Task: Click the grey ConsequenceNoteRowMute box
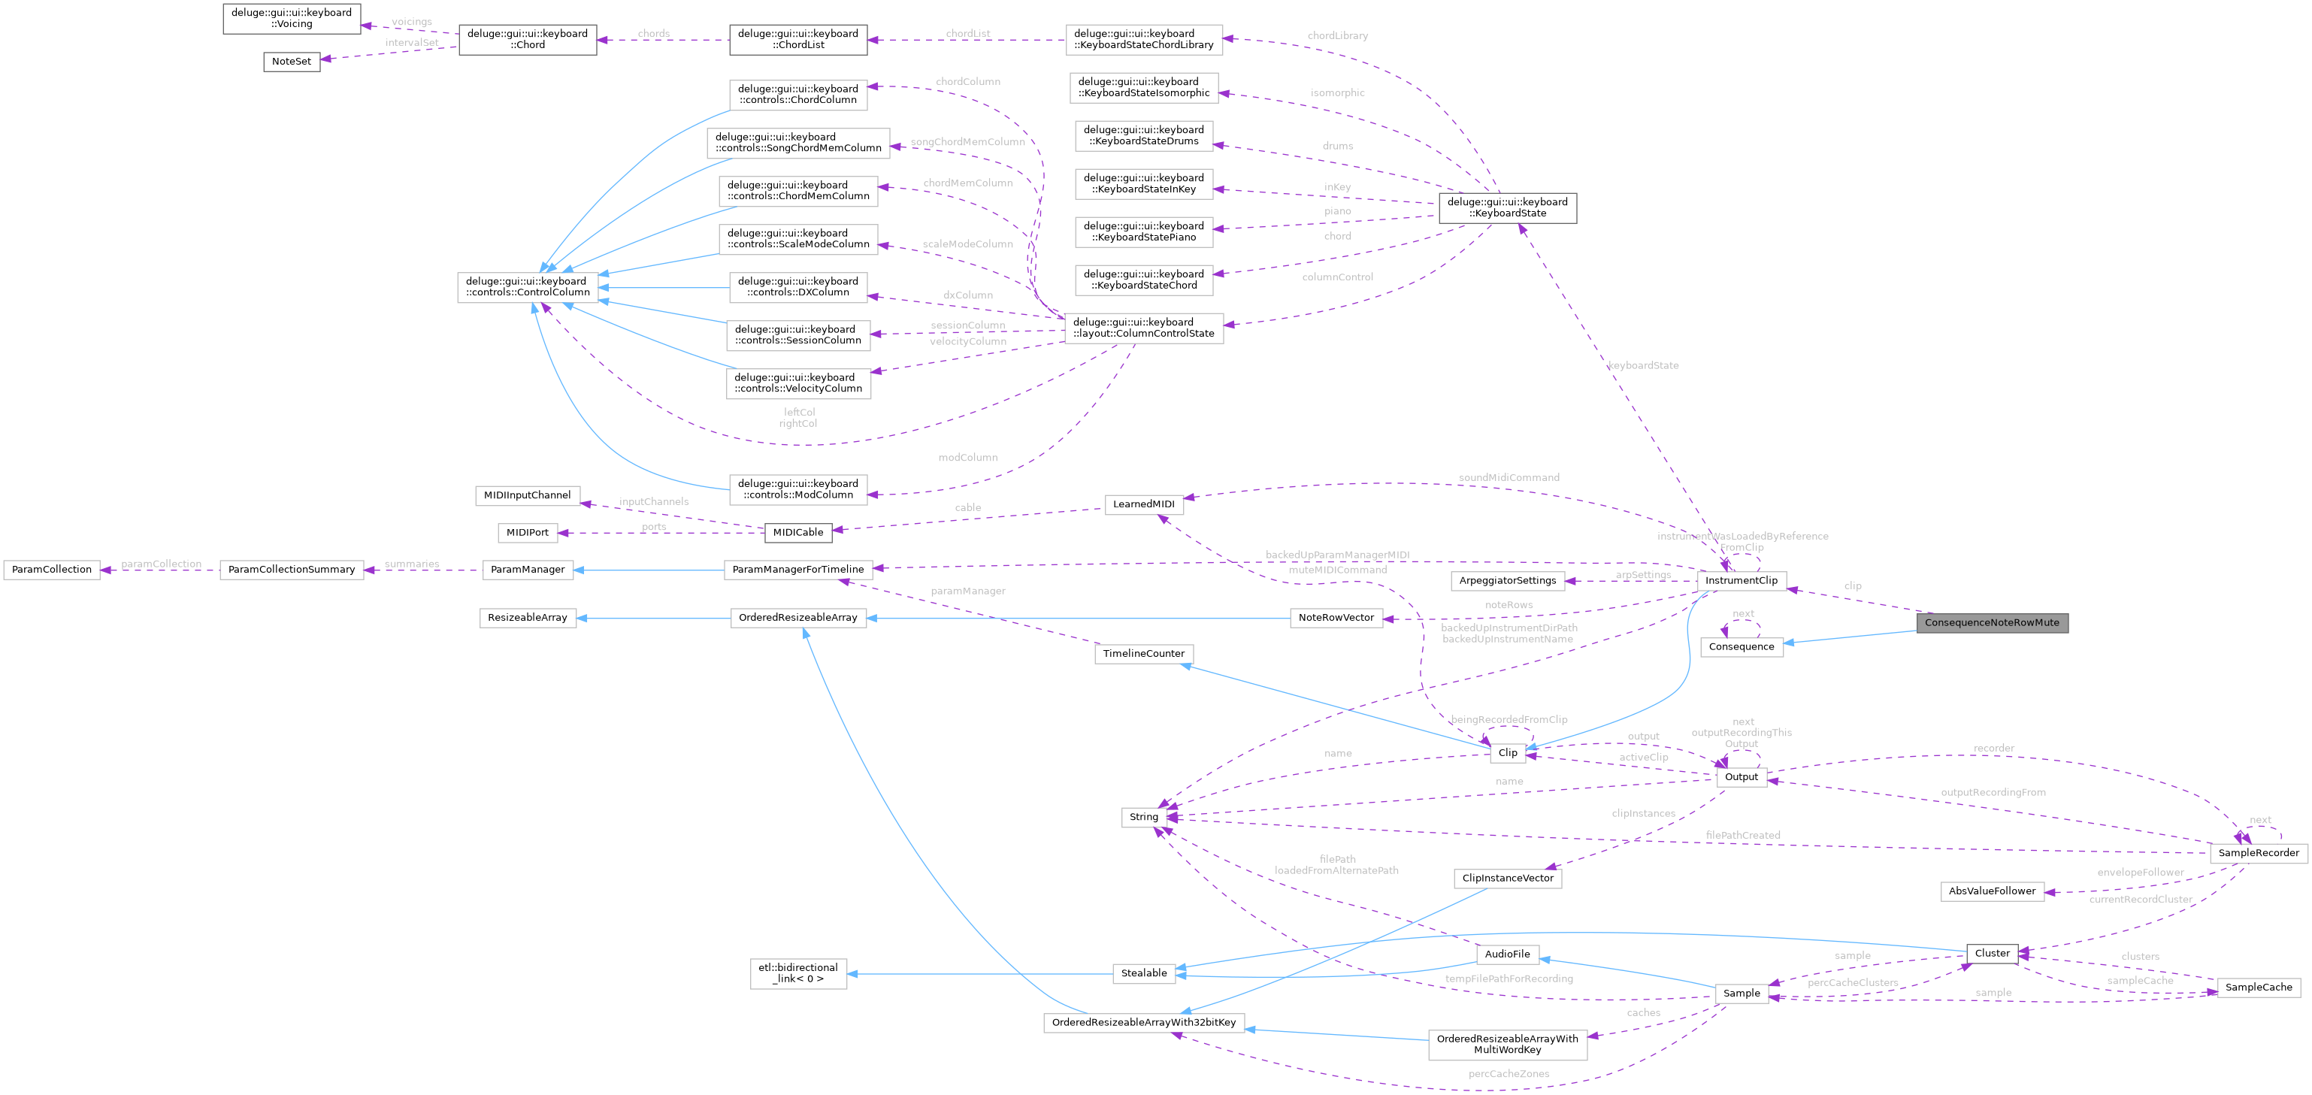pyautogui.click(x=1992, y=622)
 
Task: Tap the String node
pyautogui.click(x=1143, y=817)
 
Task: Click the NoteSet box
pyautogui.click(x=291, y=61)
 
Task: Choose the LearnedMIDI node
pyautogui.click(x=1143, y=504)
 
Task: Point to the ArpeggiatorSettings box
pyautogui.click(x=1507, y=581)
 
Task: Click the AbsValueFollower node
pyautogui.click(x=1992, y=891)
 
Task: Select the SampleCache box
pyautogui.click(x=2258, y=988)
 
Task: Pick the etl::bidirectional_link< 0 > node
pyautogui.click(x=798, y=973)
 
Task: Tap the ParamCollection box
pyautogui.click(x=51, y=569)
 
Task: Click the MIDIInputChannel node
pyautogui.click(x=527, y=495)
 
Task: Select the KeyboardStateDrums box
pyautogui.click(x=1143, y=135)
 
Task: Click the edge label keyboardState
pyautogui.click(x=1642, y=365)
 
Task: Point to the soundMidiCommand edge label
pyautogui.click(x=1508, y=477)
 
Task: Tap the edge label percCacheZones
pyautogui.click(x=1508, y=1073)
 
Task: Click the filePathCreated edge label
pyautogui.click(x=1742, y=835)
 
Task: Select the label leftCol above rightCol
pyautogui.click(x=799, y=412)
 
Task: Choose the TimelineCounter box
pyautogui.click(x=1143, y=653)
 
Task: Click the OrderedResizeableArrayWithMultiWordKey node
pyautogui.click(x=1507, y=1044)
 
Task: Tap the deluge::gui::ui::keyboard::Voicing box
pyautogui.click(x=292, y=18)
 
